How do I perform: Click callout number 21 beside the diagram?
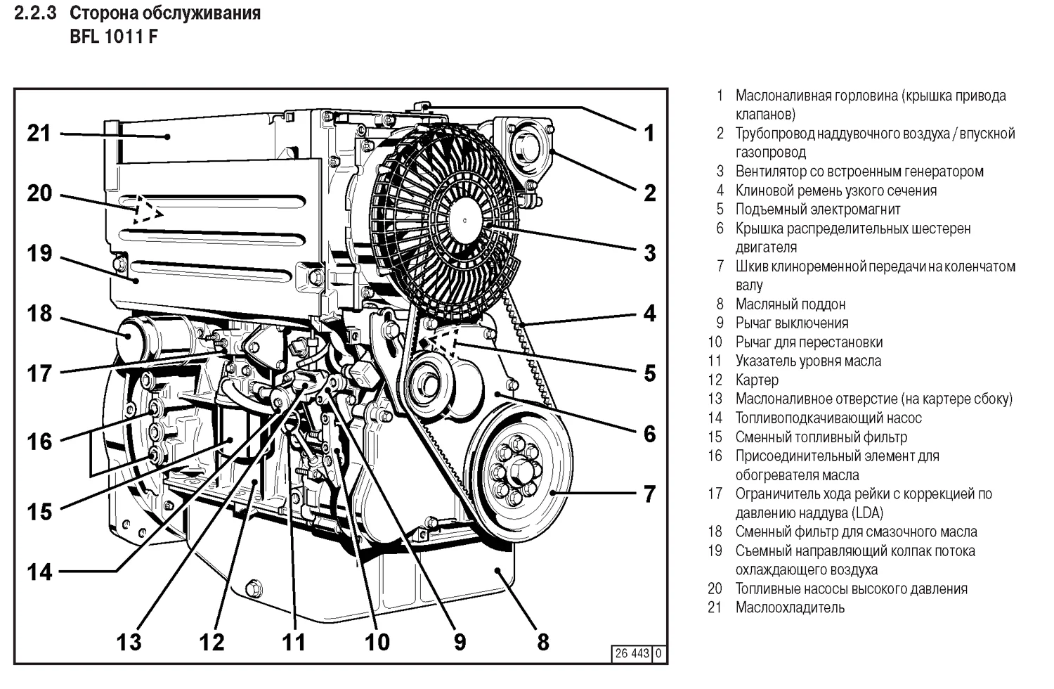point(39,133)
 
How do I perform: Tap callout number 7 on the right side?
point(649,494)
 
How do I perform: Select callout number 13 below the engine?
point(129,641)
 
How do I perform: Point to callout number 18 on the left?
point(39,314)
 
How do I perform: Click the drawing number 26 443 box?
point(632,653)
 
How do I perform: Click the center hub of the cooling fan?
point(464,219)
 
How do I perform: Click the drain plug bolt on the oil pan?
point(254,587)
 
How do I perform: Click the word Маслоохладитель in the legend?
point(790,607)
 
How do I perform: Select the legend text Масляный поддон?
point(790,304)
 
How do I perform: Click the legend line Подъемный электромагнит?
point(817,209)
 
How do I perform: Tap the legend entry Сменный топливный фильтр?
point(821,437)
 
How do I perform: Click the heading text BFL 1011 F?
point(113,37)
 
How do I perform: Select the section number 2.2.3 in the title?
point(34,13)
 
